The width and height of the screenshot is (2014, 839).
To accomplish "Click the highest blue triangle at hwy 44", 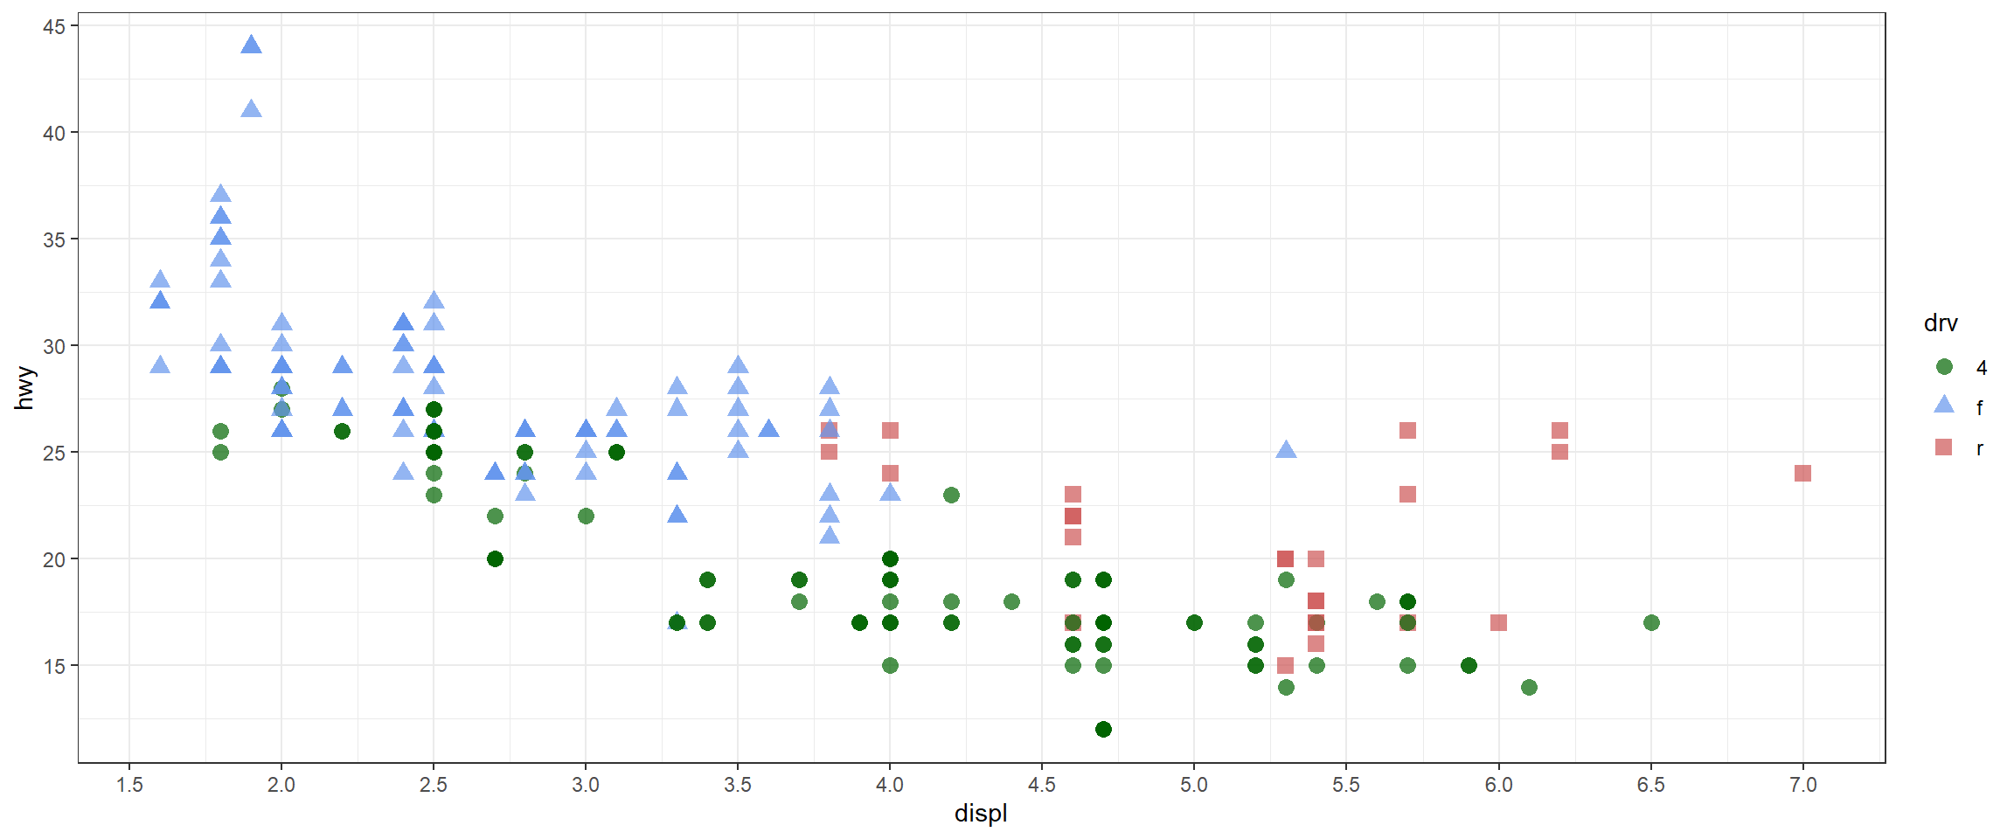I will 251,45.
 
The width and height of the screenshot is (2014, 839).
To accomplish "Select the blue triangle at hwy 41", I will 251,109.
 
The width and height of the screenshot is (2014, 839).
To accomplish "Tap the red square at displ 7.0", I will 1802,473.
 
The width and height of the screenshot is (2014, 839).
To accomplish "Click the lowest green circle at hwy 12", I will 1103,729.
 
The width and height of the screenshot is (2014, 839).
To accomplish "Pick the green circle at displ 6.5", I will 1650,622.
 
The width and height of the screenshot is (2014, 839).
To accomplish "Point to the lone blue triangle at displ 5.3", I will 1285,450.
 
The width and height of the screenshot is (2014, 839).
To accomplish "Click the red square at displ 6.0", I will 1498,622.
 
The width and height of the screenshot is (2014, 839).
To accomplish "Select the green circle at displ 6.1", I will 1529,687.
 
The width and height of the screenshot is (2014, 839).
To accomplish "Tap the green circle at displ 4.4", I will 1011,601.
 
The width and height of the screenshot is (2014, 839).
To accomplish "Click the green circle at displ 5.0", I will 1194,622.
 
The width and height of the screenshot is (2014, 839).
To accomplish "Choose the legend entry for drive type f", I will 1979,407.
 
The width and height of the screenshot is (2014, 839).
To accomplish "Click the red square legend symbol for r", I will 1944,447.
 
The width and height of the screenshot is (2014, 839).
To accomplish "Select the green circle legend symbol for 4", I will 1944,367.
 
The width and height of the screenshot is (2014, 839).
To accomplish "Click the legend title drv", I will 1941,323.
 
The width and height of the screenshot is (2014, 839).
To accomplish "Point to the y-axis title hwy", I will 24,388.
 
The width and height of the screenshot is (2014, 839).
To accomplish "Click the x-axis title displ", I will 981,814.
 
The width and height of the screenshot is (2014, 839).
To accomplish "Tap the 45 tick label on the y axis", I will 54,26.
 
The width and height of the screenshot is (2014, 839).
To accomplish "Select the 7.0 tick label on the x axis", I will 1802,785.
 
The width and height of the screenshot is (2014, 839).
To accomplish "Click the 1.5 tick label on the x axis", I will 129,785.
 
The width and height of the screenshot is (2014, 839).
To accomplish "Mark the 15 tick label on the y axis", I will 54,666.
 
